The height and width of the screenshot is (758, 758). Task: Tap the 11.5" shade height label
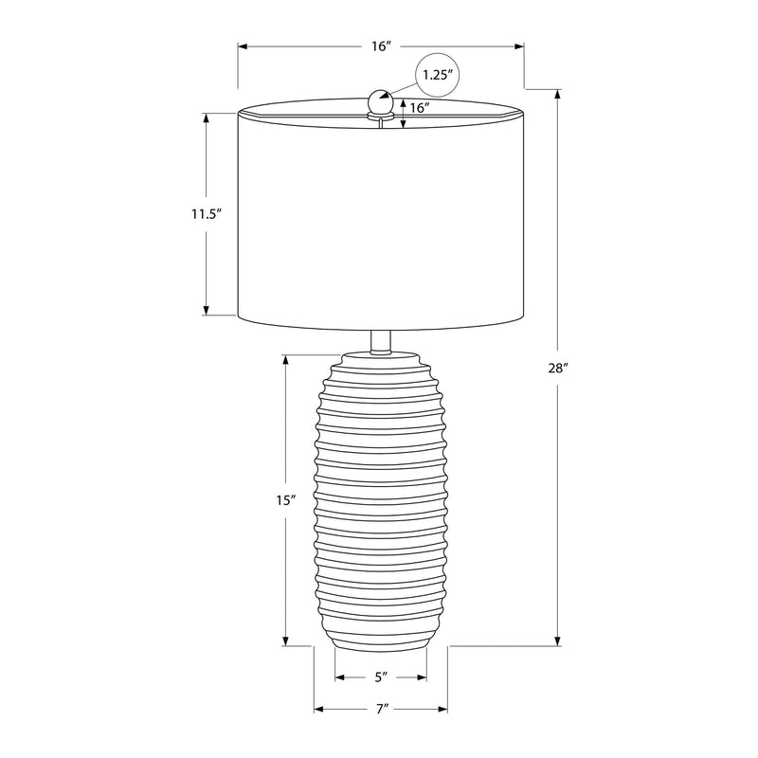[206, 214]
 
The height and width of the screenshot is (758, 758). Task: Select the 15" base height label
[286, 500]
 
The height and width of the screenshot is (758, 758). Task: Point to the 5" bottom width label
[382, 677]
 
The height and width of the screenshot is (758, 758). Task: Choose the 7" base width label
[382, 709]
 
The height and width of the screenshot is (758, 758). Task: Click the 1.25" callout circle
[437, 75]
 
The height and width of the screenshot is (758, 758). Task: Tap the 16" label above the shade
[381, 46]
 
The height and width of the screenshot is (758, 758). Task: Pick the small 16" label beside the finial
[420, 108]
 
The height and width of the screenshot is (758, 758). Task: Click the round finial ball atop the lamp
[381, 101]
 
